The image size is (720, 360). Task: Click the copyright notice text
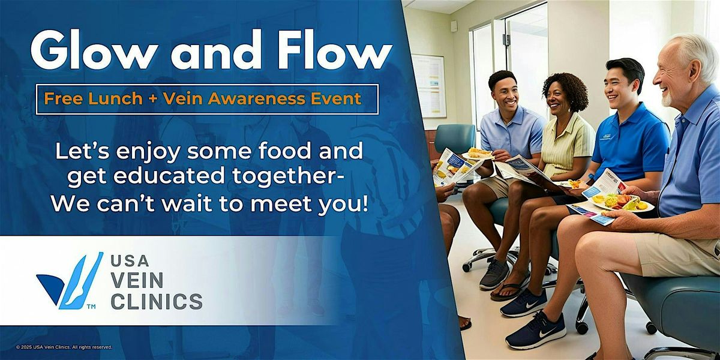[x=64, y=347]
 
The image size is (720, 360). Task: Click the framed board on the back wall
[x=428, y=85]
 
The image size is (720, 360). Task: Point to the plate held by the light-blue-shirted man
[x=478, y=155]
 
